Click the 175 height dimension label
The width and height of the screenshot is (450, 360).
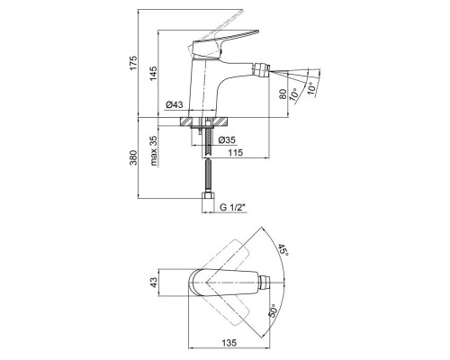point(133,62)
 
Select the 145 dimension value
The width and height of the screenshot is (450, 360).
point(153,73)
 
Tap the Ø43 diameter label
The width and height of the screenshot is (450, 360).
point(174,104)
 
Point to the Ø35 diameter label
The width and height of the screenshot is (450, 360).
point(227,140)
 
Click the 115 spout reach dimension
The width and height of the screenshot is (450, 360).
point(235,153)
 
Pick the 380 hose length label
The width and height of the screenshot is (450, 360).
point(133,157)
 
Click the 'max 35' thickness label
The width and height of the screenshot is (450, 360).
point(153,151)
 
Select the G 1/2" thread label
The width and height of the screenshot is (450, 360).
point(233,207)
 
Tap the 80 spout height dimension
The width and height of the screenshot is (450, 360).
point(283,94)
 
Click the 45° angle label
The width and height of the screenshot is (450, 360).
point(283,250)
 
